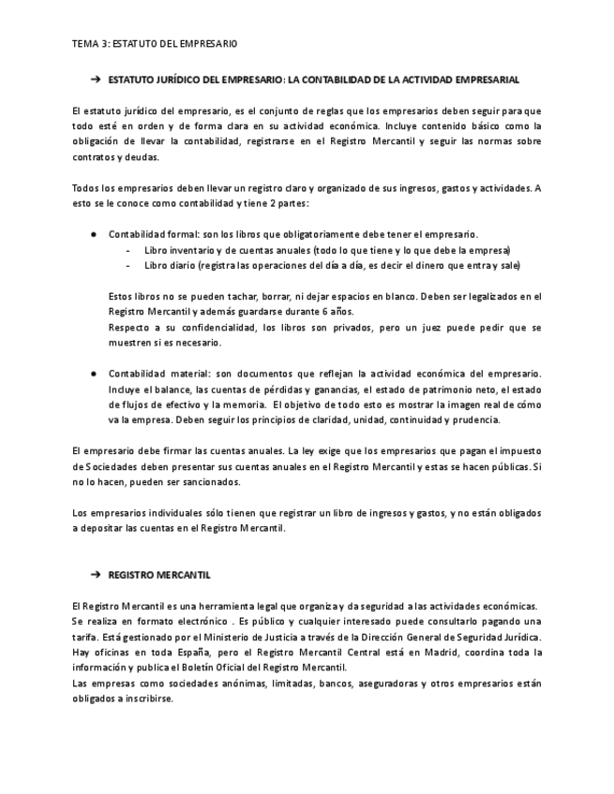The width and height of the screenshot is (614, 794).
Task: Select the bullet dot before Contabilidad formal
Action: click(x=94, y=234)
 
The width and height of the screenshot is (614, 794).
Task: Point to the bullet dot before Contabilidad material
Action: click(x=94, y=374)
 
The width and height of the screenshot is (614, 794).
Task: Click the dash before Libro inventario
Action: click(x=127, y=251)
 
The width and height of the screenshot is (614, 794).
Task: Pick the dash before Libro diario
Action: click(x=127, y=266)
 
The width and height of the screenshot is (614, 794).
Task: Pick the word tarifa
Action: click(x=84, y=638)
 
